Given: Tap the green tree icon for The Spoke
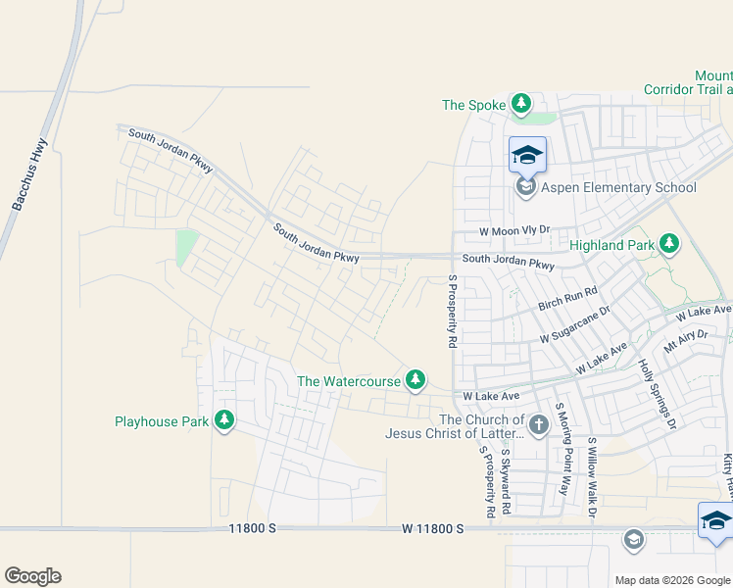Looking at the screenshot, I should click(x=521, y=104).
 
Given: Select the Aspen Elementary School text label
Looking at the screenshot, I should click(x=619, y=187).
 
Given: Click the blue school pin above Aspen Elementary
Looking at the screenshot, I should click(x=527, y=155).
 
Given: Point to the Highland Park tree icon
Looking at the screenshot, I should click(x=668, y=243).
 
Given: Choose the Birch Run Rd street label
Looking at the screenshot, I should click(x=567, y=300).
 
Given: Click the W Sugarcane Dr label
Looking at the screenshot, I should click(x=575, y=324).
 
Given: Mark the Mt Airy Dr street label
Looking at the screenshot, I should click(x=685, y=341).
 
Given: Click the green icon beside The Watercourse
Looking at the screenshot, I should click(x=415, y=379).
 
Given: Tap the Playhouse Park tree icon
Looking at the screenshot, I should click(x=224, y=420).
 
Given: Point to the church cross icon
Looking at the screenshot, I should click(x=538, y=424).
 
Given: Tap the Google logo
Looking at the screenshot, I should click(x=32, y=576).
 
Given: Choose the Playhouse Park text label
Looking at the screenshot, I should click(x=162, y=421).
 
